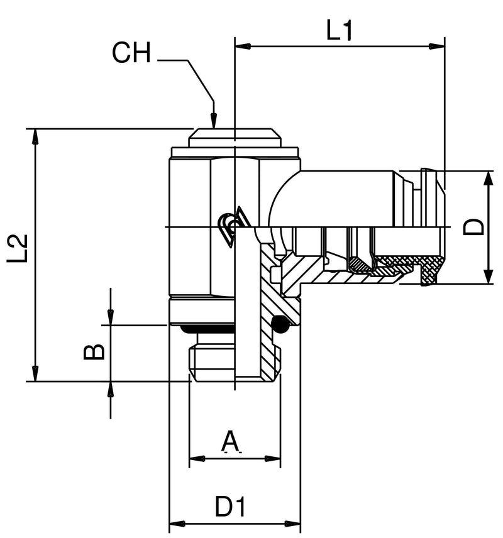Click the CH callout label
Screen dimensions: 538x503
click(131, 53)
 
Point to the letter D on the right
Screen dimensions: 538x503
click(475, 226)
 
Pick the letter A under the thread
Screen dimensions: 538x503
click(231, 442)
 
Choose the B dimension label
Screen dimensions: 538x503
click(94, 351)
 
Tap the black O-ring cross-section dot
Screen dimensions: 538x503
click(280, 324)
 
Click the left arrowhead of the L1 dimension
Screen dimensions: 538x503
click(242, 46)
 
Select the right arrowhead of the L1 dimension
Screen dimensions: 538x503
click(438, 46)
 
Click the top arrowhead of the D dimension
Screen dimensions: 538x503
click(487, 178)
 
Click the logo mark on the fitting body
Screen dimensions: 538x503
click(232, 226)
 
